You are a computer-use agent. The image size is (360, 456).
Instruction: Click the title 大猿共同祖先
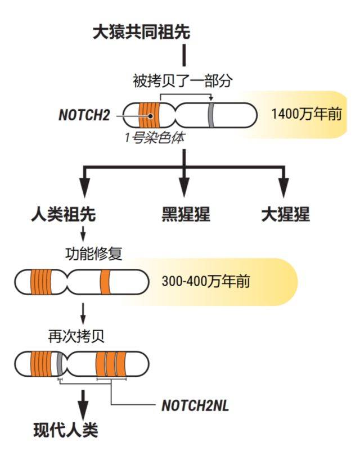[141, 31]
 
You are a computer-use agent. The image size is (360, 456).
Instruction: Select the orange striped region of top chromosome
[149, 116]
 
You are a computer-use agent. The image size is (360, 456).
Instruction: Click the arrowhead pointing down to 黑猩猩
[184, 186]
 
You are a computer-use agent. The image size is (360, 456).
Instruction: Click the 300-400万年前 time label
[205, 281]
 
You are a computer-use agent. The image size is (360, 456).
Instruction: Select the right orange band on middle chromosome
[105, 282]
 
